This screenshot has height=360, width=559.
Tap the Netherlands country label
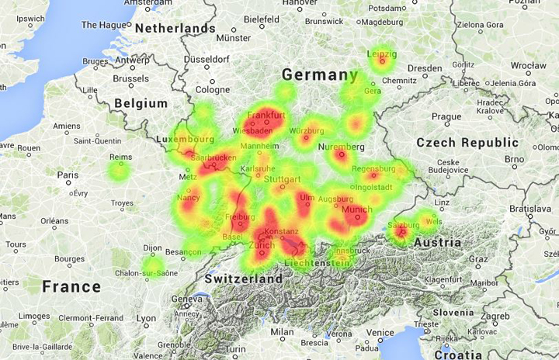175,28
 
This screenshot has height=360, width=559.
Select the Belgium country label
141,103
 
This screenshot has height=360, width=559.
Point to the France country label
71,286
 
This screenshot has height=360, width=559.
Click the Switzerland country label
243,279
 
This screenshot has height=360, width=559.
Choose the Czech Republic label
467,143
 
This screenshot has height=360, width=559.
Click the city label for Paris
67,175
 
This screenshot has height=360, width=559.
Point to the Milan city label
282,331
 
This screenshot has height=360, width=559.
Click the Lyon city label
146,318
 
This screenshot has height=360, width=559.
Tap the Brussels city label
130,78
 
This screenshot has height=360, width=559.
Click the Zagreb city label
495,317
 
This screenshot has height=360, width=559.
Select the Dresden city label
424,68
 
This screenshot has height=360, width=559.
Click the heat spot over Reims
120,168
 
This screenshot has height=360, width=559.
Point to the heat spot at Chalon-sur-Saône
153,267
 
